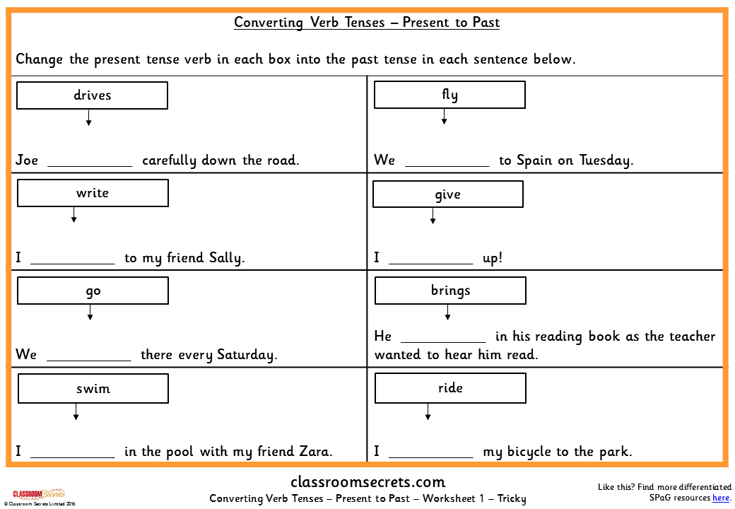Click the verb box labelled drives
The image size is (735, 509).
click(92, 95)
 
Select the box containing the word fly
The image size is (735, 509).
click(449, 95)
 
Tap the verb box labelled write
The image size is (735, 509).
click(93, 193)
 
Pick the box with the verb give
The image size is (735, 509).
click(448, 194)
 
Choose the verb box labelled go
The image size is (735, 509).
click(93, 291)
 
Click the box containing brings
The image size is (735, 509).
click(450, 291)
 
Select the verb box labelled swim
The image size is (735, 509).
click(93, 388)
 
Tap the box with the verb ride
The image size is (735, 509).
click(450, 388)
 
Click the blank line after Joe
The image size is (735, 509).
click(90, 164)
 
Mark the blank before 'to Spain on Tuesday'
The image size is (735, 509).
click(447, 164)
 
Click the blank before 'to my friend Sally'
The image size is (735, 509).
click(72, 262)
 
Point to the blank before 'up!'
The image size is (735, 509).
click(430, 262)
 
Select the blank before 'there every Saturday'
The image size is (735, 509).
click(89, 358)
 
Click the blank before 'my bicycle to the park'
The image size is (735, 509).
click(430, 456)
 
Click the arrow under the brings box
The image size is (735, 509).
click(447, 313)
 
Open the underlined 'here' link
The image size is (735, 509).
click(721, 498)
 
